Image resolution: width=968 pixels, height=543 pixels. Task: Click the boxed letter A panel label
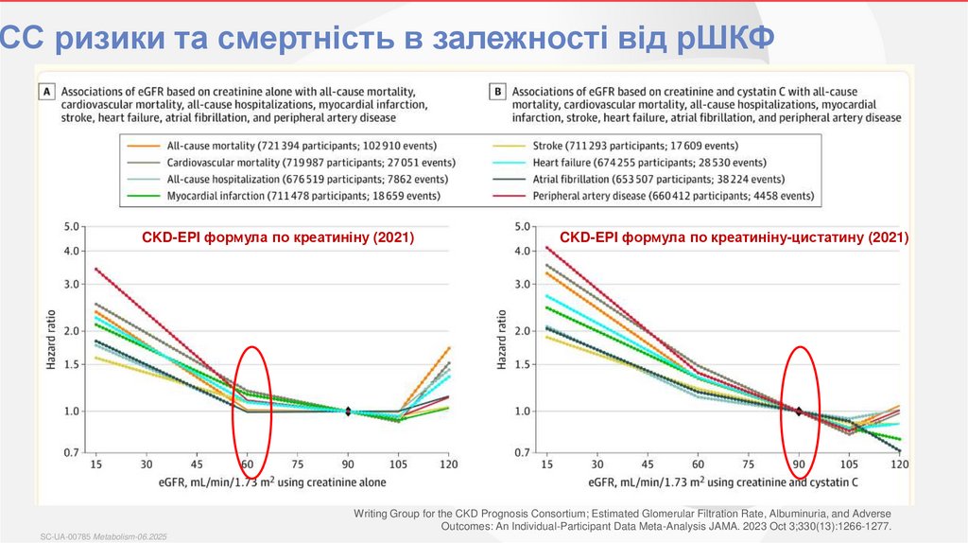[43, 91]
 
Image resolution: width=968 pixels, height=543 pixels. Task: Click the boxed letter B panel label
[496, 91]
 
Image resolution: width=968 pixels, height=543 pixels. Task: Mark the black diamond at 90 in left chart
[348, 412]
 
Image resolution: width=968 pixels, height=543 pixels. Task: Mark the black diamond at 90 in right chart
[799, 412]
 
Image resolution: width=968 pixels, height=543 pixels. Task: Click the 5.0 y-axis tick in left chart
[73, 227]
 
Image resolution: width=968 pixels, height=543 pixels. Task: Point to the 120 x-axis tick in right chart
[900, 465]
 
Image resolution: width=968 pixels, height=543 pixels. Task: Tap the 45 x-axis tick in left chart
[197, 465]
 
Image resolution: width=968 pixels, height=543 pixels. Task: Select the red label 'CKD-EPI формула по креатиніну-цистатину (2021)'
[734, 238]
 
